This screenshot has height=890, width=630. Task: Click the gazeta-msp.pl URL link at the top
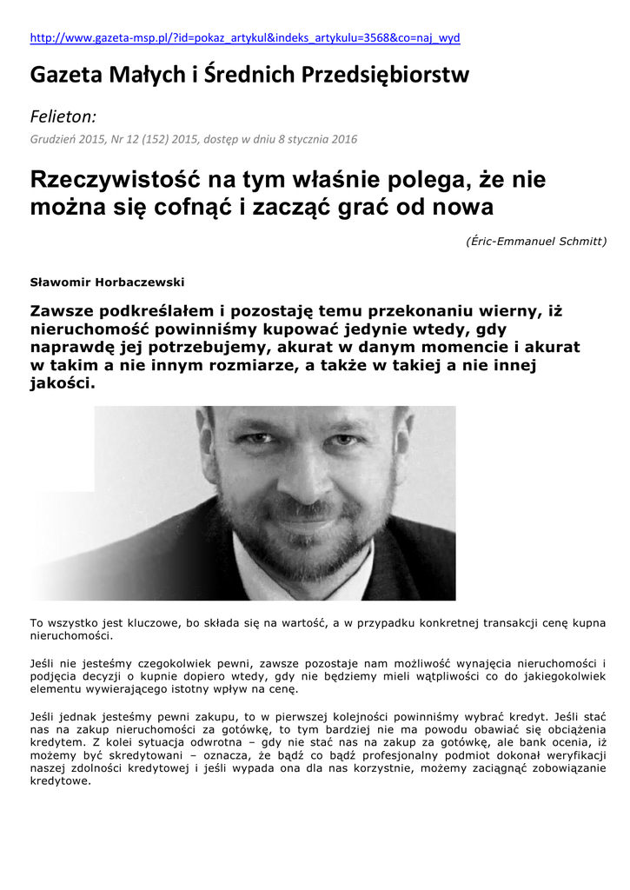pyautogui.click(x=245, y=38)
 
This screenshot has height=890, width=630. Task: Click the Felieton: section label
pyautogui.click(x=63, y=116)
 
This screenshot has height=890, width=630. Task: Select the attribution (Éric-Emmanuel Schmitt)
pyautogui.click(x=536, y=241)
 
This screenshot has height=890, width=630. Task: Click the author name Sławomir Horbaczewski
pyautogui.click(x=107, y=282)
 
